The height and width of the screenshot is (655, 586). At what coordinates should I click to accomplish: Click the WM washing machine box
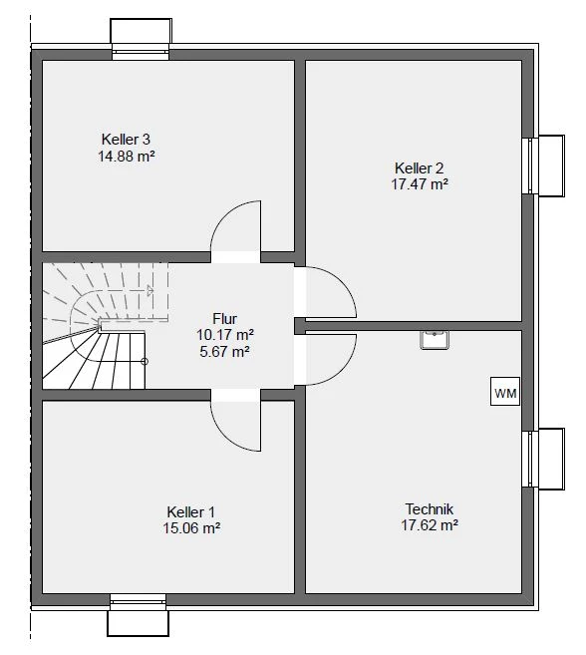[505, 391]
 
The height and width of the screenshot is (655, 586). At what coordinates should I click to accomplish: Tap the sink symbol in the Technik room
[435, 340]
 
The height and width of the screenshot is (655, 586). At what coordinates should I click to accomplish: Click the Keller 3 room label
[126, 140]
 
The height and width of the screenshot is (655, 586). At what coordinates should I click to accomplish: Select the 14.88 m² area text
[127, 157]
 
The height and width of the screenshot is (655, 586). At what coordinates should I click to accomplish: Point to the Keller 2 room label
[419, 167]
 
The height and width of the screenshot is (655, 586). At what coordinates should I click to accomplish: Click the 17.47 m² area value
[420, 184]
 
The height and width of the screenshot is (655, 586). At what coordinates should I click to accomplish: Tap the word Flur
[224, 319]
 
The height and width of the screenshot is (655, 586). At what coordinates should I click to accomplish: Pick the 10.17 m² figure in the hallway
[225, 335]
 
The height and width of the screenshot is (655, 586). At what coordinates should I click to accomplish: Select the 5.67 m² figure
[224, 352]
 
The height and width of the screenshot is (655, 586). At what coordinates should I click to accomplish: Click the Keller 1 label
[191, 511]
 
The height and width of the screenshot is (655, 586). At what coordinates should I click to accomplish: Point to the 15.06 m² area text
[191, 528]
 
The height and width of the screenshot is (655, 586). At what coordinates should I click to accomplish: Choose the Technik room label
[430, 508]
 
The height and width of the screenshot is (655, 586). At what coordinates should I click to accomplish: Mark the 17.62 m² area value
[430, 525]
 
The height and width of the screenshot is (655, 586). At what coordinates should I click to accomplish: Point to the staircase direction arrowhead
[150, 290]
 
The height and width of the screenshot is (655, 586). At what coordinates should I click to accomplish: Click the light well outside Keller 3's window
[141, 31]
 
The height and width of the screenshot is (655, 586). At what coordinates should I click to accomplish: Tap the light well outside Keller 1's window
[138, 623]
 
